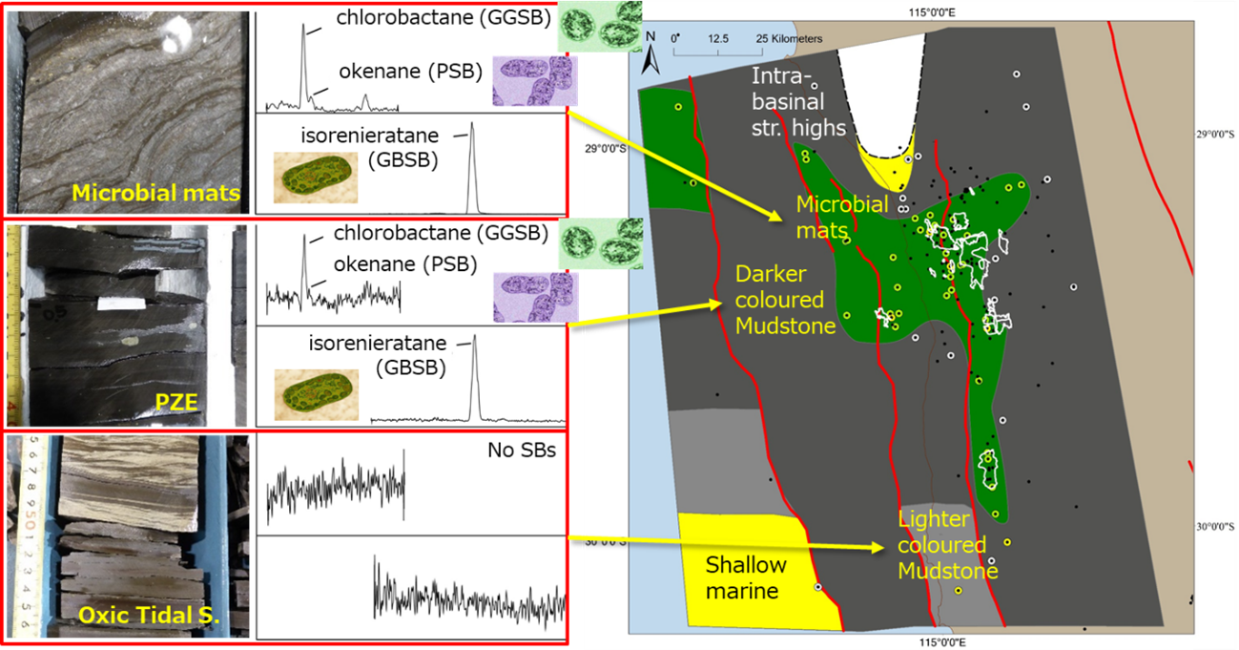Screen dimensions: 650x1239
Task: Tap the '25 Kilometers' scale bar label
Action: (775, 39)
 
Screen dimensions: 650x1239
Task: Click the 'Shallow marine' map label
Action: (742, 578)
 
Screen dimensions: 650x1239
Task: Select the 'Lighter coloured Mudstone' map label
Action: (947, 545)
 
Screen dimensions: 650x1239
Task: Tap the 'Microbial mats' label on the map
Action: (842, 216)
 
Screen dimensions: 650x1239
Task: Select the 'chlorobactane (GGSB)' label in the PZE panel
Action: (441, 232)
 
